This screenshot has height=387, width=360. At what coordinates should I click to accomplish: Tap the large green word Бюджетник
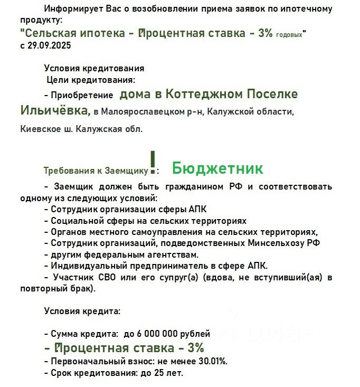coord(217,168)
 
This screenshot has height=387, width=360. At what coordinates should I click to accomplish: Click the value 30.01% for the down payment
coord(210,361)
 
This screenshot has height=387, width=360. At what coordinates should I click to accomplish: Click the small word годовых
coord(289,35)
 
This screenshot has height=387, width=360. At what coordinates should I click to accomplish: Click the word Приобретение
coord(82,96)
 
